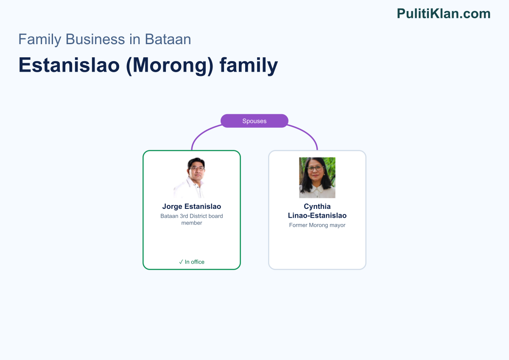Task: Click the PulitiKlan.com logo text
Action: pos(444,14)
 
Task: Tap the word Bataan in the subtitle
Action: pos(168,39)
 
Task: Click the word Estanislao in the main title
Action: pos(69,65)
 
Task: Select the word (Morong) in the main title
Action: pos(170,66)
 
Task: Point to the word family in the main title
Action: pos(249,66)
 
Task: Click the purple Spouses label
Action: pos(254,121)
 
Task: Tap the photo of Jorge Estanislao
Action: pos(192,177)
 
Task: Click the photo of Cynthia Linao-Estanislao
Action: pos(317,177)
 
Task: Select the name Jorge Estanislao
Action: pos(192,206)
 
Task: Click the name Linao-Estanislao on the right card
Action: pos(317,215)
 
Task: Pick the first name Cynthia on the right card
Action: pos(317,206)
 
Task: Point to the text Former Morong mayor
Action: pos(317,225)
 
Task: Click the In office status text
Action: pos(195,262)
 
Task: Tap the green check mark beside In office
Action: pos(181,262)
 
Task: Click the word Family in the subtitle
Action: pos(40,39)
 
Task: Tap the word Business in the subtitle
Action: pos(95,39)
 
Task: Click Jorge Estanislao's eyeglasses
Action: pos(197,168)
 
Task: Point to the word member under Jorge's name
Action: pos(192,223)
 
